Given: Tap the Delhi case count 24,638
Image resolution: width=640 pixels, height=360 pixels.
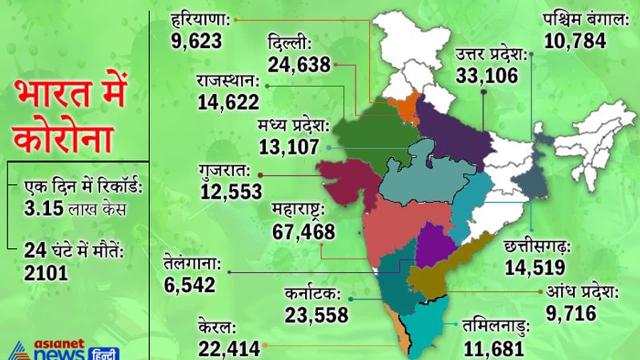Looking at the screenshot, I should coord(299,64).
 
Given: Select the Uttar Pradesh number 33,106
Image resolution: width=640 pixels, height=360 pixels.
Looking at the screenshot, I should coord(486,75).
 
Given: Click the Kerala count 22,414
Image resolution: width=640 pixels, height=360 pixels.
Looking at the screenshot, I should coord(229,348).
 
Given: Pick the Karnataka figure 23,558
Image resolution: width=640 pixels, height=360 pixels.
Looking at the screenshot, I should coord(316,315).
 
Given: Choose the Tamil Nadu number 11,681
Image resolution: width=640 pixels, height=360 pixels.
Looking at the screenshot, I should coord(493,348).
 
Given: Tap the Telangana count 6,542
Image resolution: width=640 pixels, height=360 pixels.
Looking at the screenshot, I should coord(189,284).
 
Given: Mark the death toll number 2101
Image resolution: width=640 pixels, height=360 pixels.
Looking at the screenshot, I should coord(45,272).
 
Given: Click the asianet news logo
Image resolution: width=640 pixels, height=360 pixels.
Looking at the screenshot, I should coord(60,350).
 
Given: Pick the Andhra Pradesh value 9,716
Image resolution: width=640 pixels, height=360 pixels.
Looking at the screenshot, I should coord(571,313).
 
